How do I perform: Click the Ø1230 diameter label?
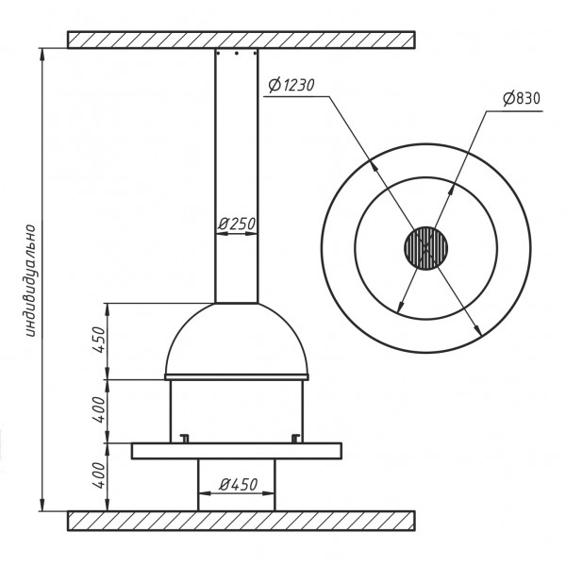tap(291, 85)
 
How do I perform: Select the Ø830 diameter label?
tap(522, 98)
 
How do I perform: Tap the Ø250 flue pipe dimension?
tap(237, 224)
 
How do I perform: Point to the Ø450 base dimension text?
tap(239, 485)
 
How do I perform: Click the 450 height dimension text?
tap(98, 340)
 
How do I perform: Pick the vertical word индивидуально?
tap(31, 281)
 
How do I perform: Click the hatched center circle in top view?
tap(426, 248)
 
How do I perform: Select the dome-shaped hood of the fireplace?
tap(237, 339)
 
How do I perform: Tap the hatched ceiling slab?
tap(241, 40)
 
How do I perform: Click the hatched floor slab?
tap(241, 521)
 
